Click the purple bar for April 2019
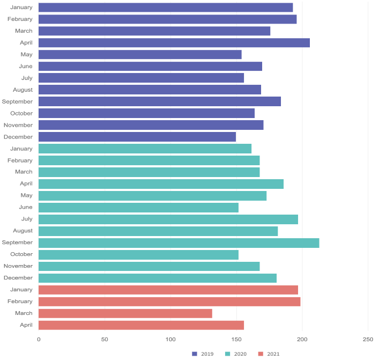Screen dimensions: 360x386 (174, 43)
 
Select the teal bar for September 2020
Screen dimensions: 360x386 (179, 243)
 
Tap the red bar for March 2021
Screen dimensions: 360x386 (125, 313)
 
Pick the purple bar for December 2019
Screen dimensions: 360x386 (137, 137)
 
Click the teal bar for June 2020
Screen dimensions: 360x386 (138, 207)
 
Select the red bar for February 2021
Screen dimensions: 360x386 (169, 302)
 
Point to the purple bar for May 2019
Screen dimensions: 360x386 (140, 55)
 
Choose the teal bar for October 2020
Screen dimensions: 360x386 (138, 254)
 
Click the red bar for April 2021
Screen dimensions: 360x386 (141, 325)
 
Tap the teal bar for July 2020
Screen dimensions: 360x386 (168, 219)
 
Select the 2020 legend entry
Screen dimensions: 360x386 (236, 354)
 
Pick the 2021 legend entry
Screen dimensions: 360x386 (269, 354)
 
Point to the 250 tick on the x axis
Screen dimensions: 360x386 (368, 340)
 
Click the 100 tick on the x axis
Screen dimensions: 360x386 (170, 340)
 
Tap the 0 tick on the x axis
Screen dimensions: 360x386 (39, 340)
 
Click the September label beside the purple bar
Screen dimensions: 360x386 (17, 101)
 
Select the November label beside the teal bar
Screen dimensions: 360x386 (18, 266)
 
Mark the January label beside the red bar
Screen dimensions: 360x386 (21, 290)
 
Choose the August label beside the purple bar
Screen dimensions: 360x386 (23, 90)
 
